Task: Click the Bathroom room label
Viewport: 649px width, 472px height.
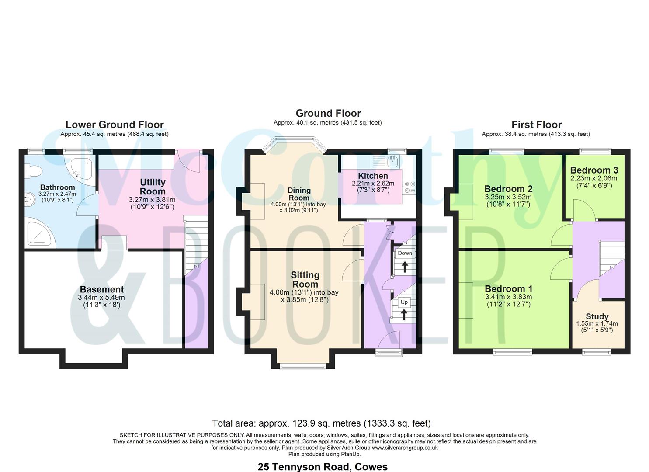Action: point(57,187)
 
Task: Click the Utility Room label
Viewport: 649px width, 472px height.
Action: point(153,187)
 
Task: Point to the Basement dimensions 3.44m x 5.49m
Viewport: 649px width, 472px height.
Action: point(101,298)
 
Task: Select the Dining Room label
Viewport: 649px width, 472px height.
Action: point(299,194)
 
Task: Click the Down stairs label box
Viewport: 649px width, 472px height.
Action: point(405,253)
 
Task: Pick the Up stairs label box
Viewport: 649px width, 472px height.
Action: point(404,302)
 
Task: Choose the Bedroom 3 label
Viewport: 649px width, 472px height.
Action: point(593,170)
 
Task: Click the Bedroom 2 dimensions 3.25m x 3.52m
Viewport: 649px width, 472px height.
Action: point(508,198)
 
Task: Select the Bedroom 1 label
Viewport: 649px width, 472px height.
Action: point(508,289)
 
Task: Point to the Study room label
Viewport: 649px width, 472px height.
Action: point(597,316)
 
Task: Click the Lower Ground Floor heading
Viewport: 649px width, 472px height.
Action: point(115,125)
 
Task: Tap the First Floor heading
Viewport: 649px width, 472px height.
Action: point(536,125)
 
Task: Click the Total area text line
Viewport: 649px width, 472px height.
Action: point(321,423)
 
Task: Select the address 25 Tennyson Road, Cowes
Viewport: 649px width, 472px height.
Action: point(323,467)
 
